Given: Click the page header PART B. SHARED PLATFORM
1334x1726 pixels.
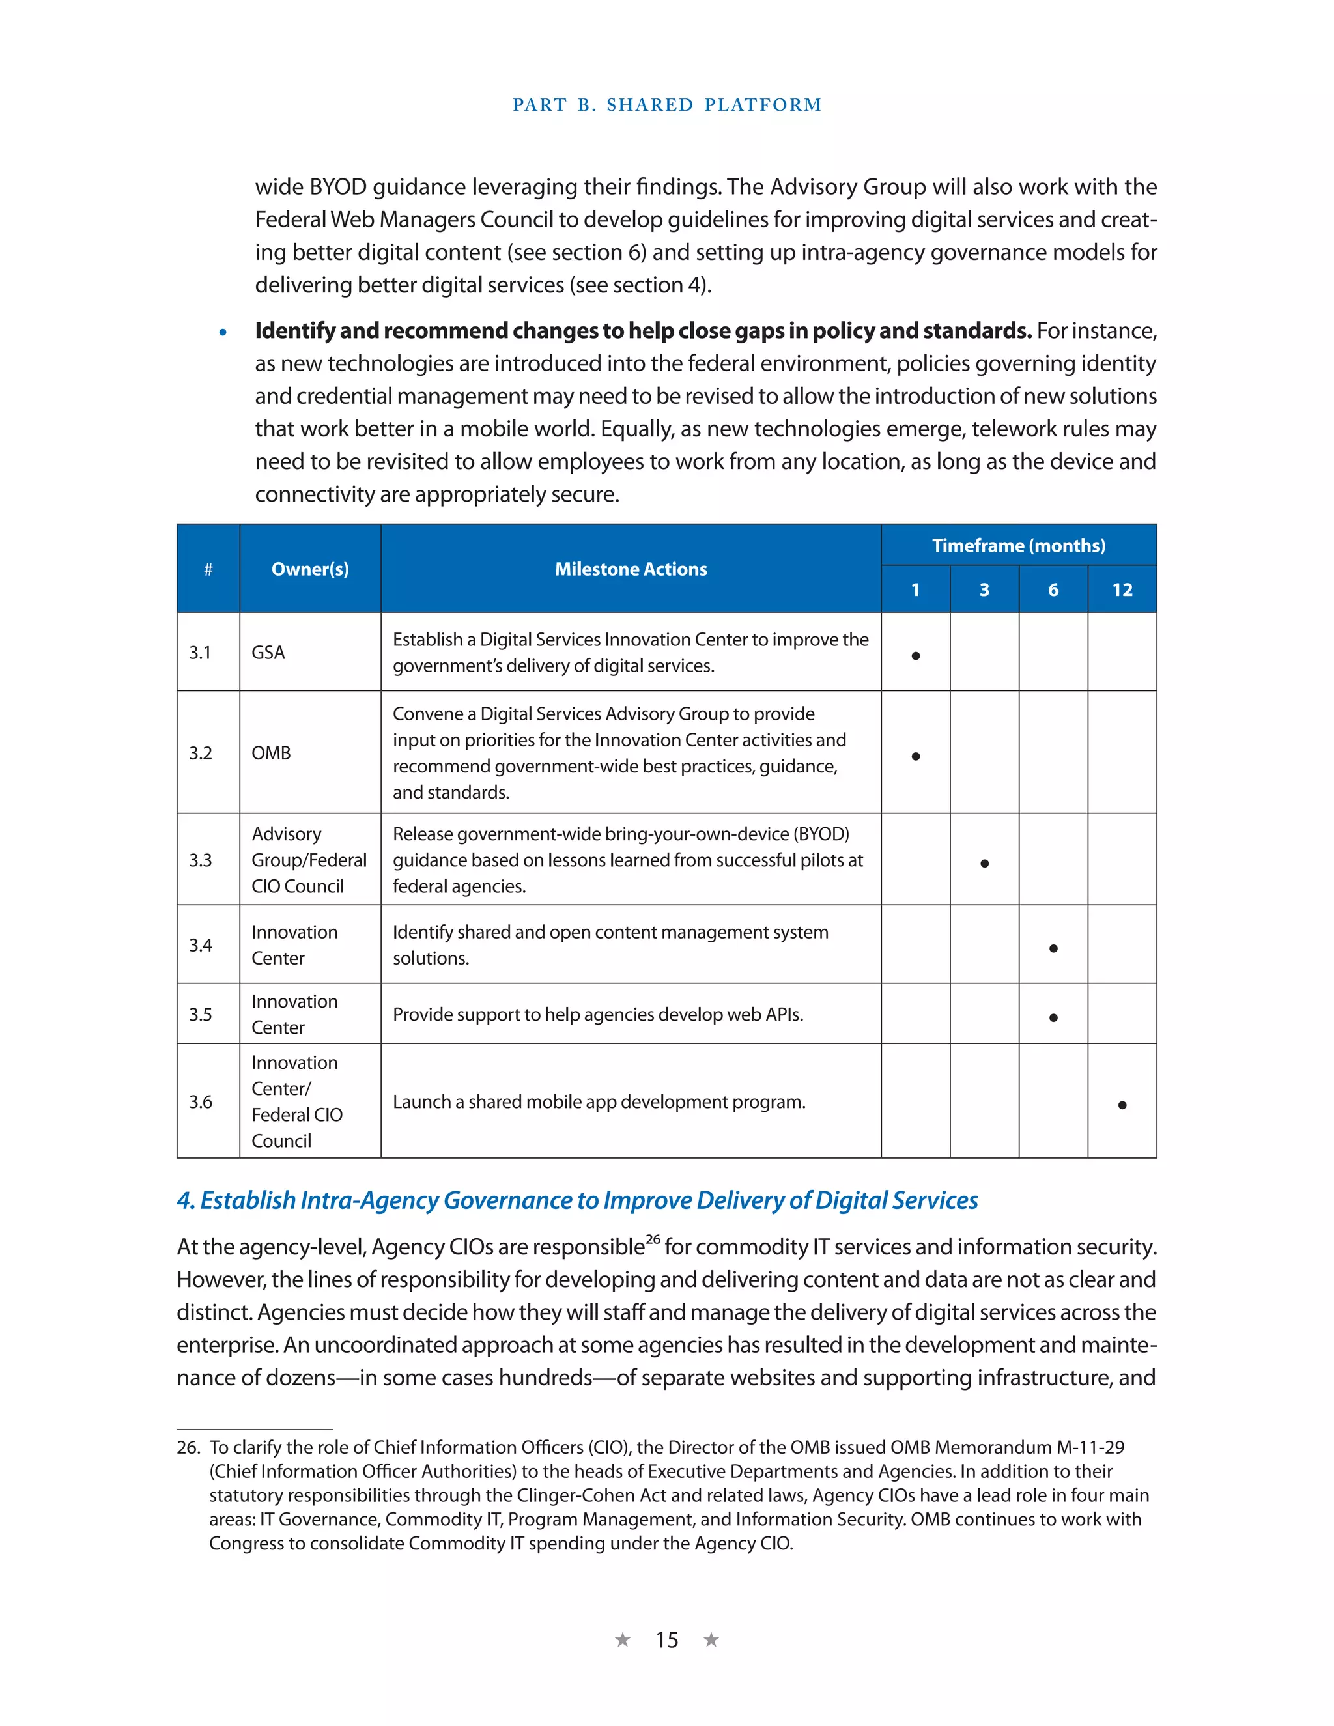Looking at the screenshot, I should (x=666, y=105).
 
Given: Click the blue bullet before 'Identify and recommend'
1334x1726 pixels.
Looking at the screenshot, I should (x=223, y=333).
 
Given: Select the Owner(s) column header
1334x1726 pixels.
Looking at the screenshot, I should (x=310, y=569).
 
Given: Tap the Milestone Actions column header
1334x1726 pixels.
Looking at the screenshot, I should (x=631, y=569).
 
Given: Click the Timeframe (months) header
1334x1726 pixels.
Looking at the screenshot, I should (x=1018, y=545).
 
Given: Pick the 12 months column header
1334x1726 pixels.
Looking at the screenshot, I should (x=1122, y=589).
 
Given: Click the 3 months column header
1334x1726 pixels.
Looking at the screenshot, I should (x=984, y=589).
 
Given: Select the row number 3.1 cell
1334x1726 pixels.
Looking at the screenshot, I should (x=200, y=653).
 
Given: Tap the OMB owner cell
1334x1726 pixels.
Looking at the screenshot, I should (x=271, y=753).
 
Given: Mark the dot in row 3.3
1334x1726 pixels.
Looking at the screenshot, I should (x=984, y=863).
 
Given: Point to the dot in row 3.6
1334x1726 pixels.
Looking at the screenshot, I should (x=1122, y=1105).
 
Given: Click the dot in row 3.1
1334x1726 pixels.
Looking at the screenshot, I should (x=915, y=656).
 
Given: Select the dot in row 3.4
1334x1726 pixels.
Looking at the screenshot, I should (x=1053, y=948).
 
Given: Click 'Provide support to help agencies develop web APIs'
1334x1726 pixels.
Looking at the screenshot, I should (x=597, y=1015).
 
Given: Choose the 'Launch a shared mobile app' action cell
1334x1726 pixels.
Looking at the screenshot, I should (x=599, y=1101).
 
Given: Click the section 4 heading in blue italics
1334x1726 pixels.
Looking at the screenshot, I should (x=577, y=1200).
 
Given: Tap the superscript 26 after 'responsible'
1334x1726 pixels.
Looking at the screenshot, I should (x=653, y=1239).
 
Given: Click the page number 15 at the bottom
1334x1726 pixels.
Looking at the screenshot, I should (x=666, y=1640).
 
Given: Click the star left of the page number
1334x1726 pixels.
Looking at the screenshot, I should (x=623, y=1640).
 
